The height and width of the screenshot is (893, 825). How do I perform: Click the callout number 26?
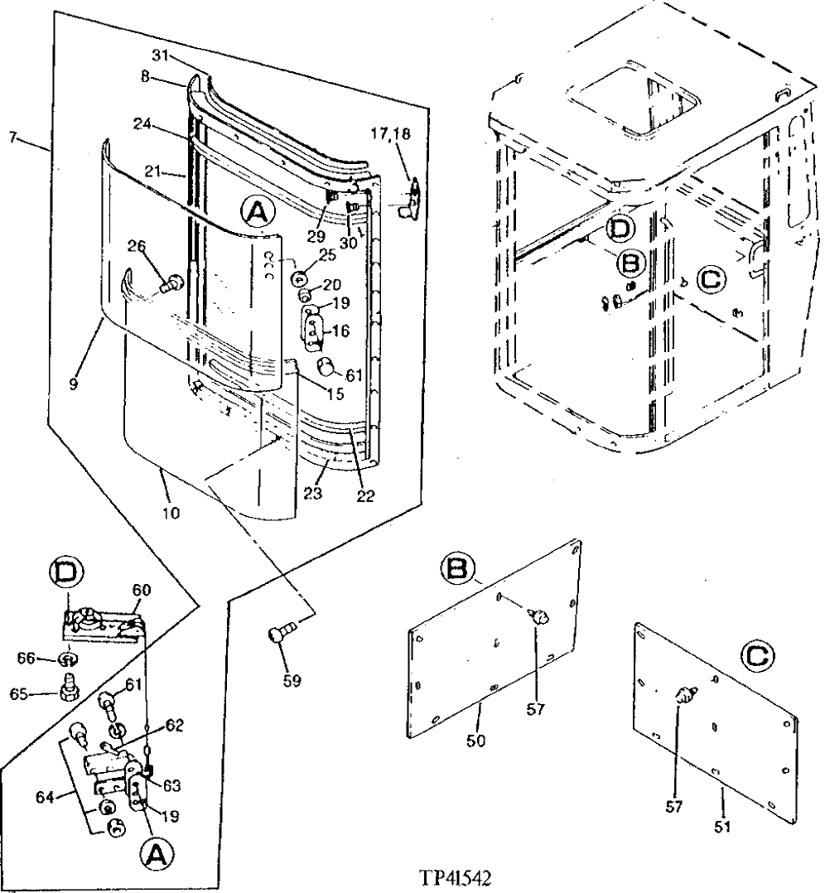(x=137, y=245)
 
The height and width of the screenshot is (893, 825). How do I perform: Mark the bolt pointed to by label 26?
(x=171, y=284)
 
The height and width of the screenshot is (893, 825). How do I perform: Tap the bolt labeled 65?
(x=69, y=688)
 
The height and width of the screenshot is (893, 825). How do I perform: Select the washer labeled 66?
(x=70, y=659)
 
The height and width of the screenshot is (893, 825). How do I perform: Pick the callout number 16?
(x=340, y=331)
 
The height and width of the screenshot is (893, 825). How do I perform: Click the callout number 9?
(x=75, y=385)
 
